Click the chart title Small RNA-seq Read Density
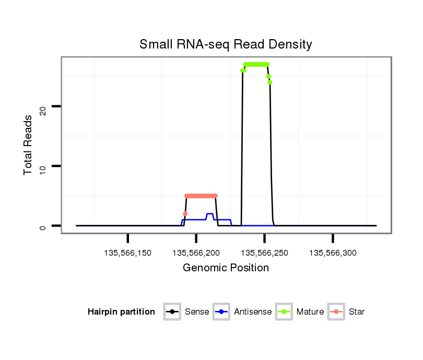coord(226,44)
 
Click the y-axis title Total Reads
coord(29,145)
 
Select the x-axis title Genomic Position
coord(226,268)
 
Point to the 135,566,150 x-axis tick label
coord(128,253)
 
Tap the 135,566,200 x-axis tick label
coord(196,253)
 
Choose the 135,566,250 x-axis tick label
coord(265,253)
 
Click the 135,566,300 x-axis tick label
coord(333,253)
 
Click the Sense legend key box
coord(172,312)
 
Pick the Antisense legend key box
coord(221,312)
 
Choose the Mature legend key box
coord(284,312)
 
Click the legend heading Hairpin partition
coord(121,312)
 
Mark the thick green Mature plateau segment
coord(256,64)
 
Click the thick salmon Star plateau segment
coord(201,196)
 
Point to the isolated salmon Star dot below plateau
coord(185,213)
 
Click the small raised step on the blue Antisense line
coord(209,214)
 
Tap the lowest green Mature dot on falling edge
coord(270,82)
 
